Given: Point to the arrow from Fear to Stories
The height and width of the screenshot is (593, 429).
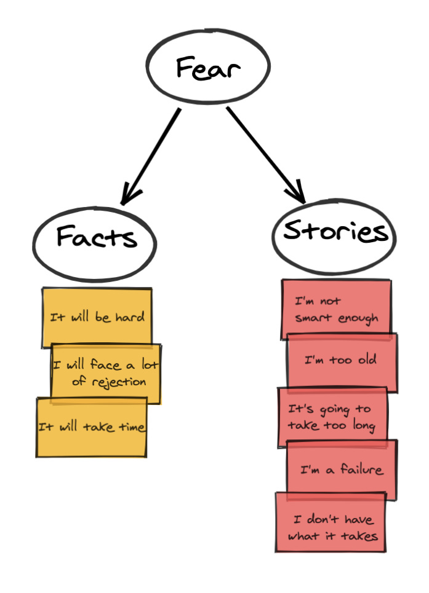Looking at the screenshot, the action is tap(265, 154).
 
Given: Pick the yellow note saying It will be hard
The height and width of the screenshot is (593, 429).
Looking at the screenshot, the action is tap(97, 316).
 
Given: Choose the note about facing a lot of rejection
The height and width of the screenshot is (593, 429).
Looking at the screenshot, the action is tap(106, 373).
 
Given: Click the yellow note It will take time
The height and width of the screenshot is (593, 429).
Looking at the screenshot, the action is tap(92, 426).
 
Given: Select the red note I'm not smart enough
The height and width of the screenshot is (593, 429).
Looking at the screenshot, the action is tap(336, 309).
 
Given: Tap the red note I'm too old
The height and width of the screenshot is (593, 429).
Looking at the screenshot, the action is tap(341, 361).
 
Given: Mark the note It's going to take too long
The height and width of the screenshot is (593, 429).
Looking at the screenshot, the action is tap(332, 417).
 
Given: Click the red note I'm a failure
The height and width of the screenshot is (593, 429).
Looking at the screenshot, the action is tap(342, 469).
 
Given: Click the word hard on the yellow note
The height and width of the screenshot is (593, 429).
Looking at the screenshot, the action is tap(129, 317).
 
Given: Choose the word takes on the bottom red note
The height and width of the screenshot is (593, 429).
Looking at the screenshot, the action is tap(360, 536).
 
